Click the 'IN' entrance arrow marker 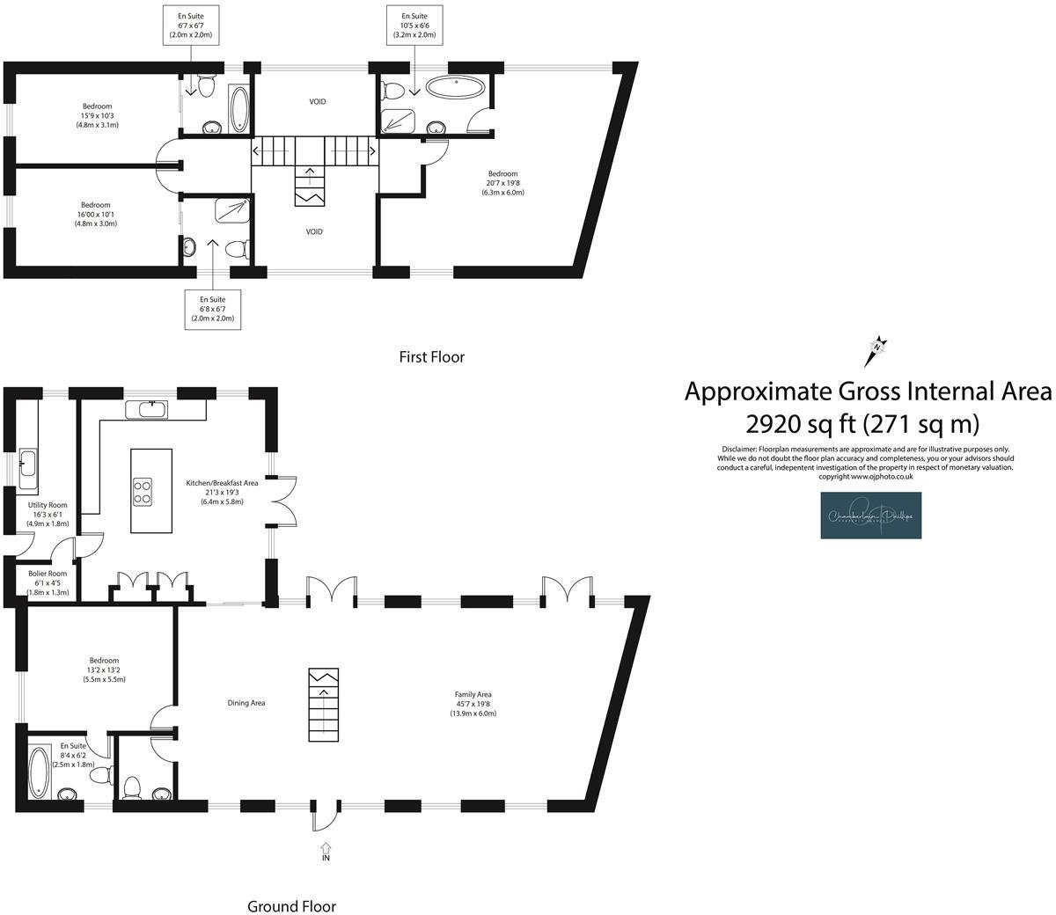coord(326,851)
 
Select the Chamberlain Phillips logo coord(871,515)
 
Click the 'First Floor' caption coord(431,357)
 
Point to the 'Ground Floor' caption coord(291,906)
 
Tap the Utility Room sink coord(26,463)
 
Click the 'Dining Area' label coord(246,703)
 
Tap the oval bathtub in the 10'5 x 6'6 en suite coord(454,87)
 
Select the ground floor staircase coord(323,705)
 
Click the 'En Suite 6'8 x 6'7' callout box coord(213,309)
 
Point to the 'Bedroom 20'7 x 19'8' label coord(502,183)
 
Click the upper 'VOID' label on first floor coord(318,102)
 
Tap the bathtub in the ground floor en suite coord(40,772)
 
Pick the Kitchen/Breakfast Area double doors coord(284,501)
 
